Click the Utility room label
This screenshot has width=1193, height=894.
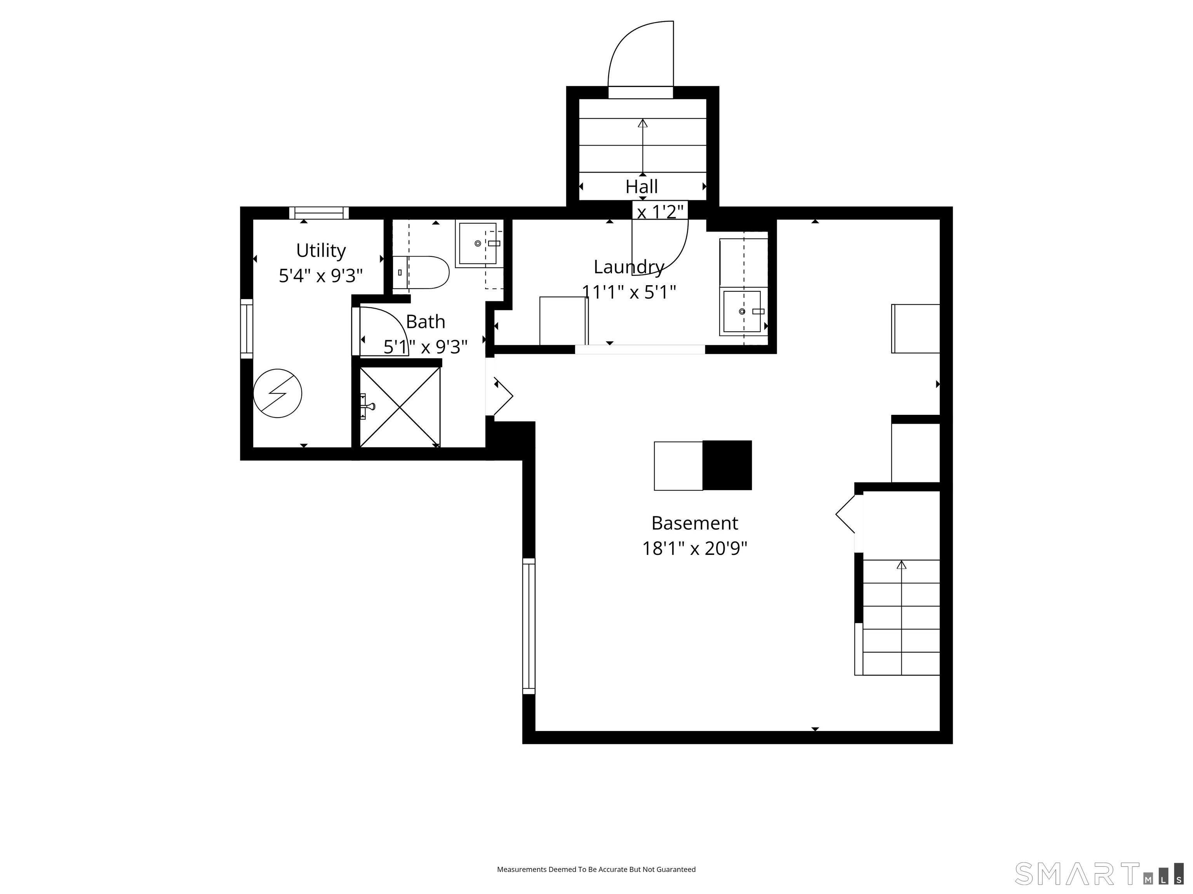pos(321,251)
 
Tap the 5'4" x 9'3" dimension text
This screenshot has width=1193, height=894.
pos(321,276)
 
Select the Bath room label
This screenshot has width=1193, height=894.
pos(426,322)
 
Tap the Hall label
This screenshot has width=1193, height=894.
pos(642,187)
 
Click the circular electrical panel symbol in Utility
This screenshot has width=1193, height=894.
pos(277,393)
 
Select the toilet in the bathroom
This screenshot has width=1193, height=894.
pos(421,272)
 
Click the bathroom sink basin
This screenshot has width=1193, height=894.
pos(478,244)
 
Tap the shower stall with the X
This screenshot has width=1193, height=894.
pos(400,407)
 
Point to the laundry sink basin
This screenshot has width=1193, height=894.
pos(742,312)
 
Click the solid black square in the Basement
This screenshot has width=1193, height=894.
pos(727,466)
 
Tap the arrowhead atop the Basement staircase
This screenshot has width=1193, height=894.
pos(901,565)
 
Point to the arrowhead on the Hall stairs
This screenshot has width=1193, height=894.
pos(642,123)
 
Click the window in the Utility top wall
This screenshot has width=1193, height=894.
pos(319,213)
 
